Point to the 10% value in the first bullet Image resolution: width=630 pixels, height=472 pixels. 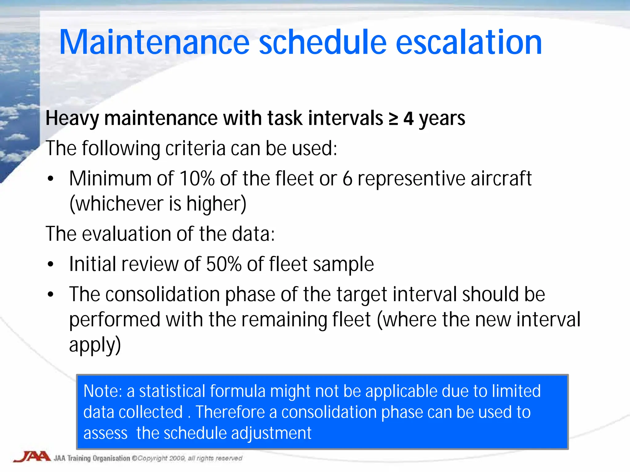tap(197, 179)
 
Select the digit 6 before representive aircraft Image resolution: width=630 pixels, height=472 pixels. tap(347, 179)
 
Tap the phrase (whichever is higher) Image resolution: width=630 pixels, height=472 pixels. tap(158, 204)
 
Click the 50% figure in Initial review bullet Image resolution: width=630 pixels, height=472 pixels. tap(224, 264)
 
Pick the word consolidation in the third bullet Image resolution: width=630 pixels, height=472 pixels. tap(163, 294)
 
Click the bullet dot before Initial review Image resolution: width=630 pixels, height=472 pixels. tap(51, 264)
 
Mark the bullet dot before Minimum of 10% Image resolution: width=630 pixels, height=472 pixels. tap(51, 179)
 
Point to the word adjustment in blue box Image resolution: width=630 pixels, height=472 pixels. tap(271, 433)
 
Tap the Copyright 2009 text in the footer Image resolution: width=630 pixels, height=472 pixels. tap(161, 458)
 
